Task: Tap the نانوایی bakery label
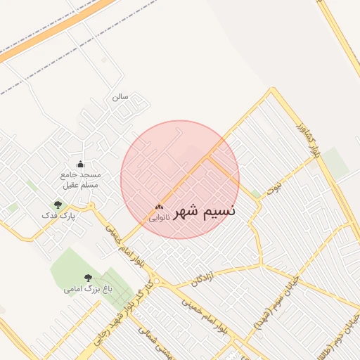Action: (x=158, y=218)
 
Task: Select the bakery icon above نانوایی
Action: (x=158, y=207)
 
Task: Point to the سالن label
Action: (x=120, y=97)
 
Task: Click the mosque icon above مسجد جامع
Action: (x=79, y=164)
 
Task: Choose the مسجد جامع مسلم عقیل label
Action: (x=80, y=179)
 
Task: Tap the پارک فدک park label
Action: (x=58, y=216)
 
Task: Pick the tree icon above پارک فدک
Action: (x=58, y=205)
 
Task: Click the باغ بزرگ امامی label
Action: (x=88, y=288)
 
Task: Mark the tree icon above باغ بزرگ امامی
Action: (x=88, y=278)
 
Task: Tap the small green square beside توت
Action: (x=256, y=193)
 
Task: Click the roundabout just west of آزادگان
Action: (x=163, y=282)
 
